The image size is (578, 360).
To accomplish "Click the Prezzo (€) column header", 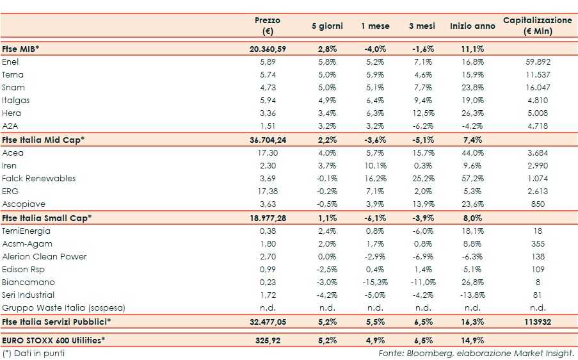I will click(268, 26).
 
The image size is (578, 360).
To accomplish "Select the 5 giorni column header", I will click(327, 26).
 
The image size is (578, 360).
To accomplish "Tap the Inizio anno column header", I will click(472, 26).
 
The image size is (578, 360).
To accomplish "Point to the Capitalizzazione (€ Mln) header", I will click(537, 26).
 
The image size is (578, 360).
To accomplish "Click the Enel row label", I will click(11, 62).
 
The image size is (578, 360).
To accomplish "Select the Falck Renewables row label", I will click(38, 179).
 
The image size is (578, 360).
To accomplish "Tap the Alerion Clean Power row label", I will click(44, 257).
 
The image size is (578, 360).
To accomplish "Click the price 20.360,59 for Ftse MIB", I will click(268, 49).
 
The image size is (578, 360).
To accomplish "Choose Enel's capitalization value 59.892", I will click(537, 62).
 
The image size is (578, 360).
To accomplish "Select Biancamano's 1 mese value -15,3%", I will click(375, 282).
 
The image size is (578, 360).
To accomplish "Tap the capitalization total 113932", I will click(537, 321).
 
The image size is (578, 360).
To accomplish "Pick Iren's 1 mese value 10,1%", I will click(375, 166).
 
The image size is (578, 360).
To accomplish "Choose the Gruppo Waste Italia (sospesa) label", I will click(63, 308).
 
